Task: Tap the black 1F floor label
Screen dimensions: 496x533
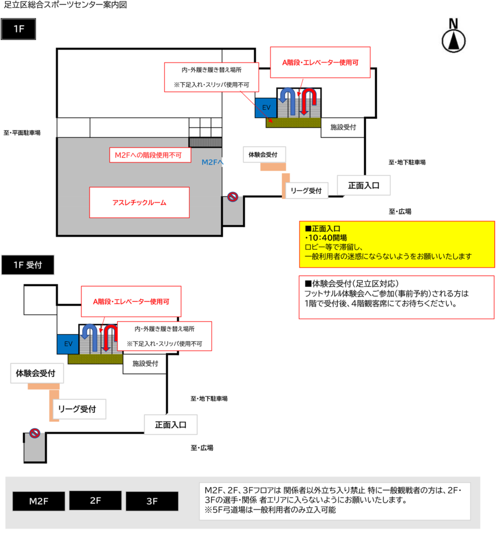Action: (x=18, y=29)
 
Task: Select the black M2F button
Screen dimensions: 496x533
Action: (x=39, y=501)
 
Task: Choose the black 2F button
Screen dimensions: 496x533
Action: (x=95, y=500)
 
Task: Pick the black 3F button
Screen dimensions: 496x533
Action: (x=152, y=501)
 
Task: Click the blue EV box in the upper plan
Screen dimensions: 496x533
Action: (x=266, y=108)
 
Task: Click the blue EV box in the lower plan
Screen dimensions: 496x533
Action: (x=68, y=344)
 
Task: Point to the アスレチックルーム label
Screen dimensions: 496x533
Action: (x=140, y=202)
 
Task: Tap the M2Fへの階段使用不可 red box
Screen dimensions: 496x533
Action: (x=150, y=155)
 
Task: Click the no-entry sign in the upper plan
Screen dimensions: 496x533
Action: (x=233, y=196)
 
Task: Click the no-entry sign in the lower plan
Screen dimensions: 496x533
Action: (x=35, y=433)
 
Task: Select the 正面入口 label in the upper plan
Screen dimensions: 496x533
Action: (x=364, y=185)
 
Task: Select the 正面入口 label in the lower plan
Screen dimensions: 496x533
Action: (x=171, y=425)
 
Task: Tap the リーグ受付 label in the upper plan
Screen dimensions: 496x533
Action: (x=306, y=191)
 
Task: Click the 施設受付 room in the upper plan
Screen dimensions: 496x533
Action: (x=343, y=128)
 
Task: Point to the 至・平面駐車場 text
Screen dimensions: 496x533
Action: (x=22, y=133)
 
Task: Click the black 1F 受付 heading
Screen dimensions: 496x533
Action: (x=28, y=265)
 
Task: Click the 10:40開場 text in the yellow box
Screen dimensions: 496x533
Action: (x=326, y=237)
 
